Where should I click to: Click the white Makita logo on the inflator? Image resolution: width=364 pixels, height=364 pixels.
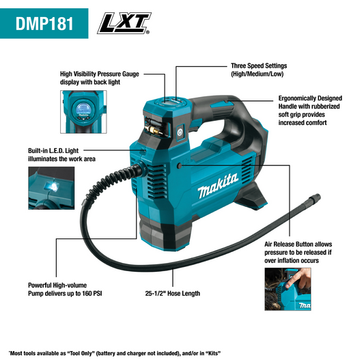tap(218, 185)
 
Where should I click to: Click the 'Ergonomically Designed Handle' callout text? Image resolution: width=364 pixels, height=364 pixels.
tap(309, 111)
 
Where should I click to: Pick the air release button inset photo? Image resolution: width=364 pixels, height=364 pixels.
tap(290, 290)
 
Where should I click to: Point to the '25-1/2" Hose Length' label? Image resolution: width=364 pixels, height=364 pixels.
tap(172, 294)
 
